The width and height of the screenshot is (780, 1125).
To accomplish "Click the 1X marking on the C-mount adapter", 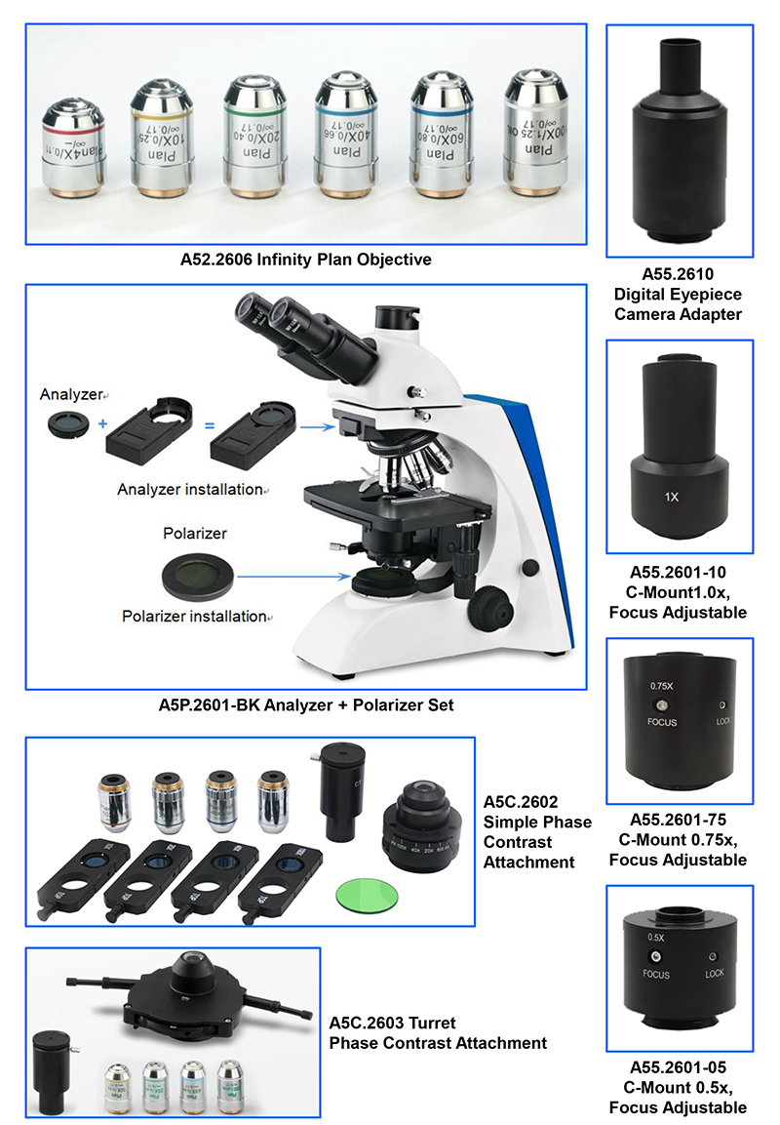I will pyautogui.click(x=671, y=497).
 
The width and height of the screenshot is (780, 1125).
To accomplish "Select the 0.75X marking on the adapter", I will pyautogui.click(x=663, y=686).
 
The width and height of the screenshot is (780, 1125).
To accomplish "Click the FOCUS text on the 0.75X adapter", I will pyautogui.click(x=663, y=724).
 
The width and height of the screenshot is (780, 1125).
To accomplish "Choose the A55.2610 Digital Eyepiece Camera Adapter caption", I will pyautogui.click(x=678, y=294).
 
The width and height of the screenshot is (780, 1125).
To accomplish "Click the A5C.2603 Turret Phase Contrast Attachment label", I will pyautogui.click(x=438, y=1032).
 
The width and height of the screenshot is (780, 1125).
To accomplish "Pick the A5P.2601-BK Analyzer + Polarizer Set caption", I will pyautogui.click(x=305, y=704).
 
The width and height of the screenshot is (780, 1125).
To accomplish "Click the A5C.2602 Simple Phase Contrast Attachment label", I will pyautogui.click(x=537, y=831).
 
